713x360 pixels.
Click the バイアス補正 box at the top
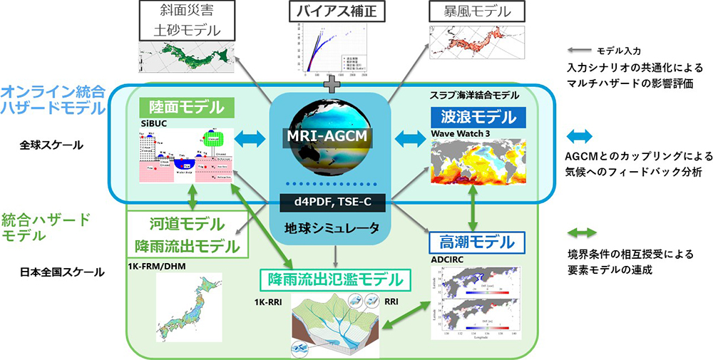[333, 12]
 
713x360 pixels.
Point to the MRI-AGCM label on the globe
[329, 138]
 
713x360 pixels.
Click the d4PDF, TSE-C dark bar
[329, 202]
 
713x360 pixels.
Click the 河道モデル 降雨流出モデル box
[187, 235]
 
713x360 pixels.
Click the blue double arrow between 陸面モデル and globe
[250, 138]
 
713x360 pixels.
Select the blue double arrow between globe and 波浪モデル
[408, 138]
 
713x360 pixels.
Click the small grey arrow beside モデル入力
[578, 51]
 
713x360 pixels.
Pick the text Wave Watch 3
[457, 134]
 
